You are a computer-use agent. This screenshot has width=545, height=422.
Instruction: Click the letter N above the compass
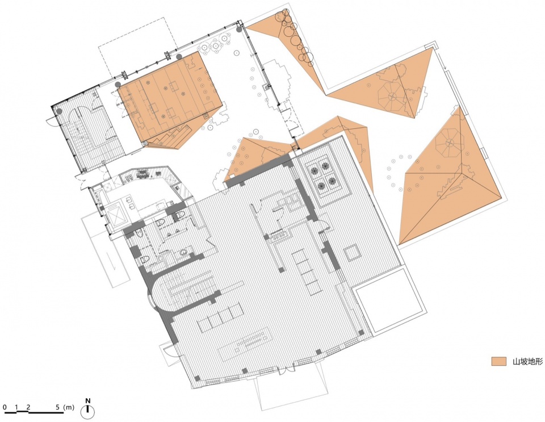coord(89,401)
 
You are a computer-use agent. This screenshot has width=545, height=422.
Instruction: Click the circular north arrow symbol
coord(88,412)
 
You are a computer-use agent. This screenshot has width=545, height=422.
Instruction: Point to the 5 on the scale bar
coord(58,407)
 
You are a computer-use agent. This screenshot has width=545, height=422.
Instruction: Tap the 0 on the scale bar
coord(5,407)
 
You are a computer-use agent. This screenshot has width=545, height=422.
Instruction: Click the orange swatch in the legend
coord(498,361)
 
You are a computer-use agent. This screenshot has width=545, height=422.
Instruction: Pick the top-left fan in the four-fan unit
coord(315,170)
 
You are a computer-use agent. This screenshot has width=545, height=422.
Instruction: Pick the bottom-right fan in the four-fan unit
coord(332,181)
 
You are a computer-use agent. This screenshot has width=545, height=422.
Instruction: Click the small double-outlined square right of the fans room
coord(350,253)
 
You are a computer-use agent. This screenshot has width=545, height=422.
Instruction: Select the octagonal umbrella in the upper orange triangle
coord(392,96)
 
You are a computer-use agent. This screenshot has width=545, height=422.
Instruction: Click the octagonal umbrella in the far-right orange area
coord(449,143)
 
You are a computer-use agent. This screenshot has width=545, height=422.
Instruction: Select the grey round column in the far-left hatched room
coord(60,111)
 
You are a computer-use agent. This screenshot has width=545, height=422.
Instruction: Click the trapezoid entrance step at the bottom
coord(292,389)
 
